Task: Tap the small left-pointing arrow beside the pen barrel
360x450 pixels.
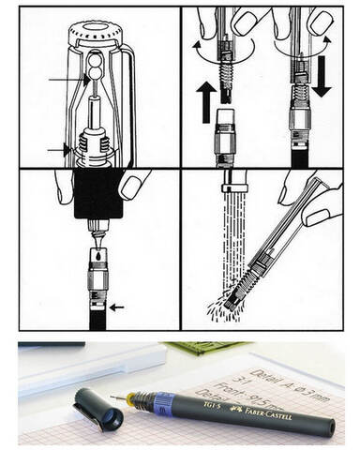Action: pyautogui.click(x=115, y=307)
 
